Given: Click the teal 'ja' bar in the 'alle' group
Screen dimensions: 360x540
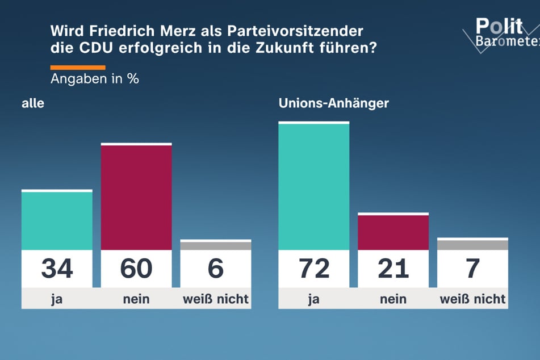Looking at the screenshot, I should pos(57,220).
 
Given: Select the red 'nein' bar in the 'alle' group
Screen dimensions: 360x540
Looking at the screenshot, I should pos(136,197).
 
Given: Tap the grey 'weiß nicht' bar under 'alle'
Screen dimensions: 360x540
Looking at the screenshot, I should pos(216,245).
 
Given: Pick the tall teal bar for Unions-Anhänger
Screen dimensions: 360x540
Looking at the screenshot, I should pos(313,186).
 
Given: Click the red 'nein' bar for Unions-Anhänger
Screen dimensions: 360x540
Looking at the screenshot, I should pos(393,232).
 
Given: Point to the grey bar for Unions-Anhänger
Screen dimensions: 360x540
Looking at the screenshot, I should pos(472,245).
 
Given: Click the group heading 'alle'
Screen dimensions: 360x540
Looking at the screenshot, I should pos(33,103).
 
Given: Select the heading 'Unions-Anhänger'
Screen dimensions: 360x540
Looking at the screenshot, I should pos(333,103).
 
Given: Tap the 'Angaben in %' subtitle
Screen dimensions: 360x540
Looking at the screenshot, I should pos(95,79).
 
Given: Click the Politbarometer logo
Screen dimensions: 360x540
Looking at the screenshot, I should pos(500,34).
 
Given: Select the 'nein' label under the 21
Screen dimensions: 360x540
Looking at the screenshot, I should pos(393,299).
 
